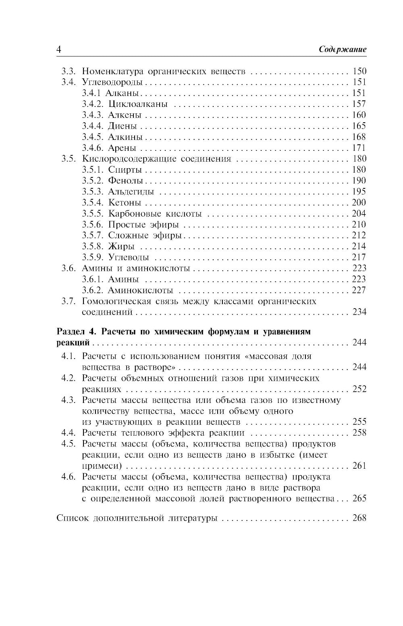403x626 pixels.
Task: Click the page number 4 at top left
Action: (59, 50)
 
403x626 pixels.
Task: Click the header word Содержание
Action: (343, 50)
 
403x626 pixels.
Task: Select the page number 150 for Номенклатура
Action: (359, 71)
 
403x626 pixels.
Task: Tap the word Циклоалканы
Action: (138, 104)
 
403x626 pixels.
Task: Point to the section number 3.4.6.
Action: (93, 148)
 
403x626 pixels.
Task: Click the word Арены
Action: (122, 148)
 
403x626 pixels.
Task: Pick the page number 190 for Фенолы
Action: (359, 181)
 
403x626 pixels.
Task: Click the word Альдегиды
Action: (131, 192)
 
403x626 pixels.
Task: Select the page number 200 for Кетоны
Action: (359, 202)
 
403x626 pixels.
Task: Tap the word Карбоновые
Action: (132, 214)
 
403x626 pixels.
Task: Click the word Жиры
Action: (121, 246)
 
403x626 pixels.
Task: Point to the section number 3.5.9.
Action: (93, 257)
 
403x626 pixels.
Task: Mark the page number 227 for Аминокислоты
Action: (359, 290)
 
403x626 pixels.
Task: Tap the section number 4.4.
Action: (69, 433)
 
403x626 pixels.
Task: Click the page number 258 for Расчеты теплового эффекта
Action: (359, 433)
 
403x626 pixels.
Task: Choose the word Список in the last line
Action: (73, 518)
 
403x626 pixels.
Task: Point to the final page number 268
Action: (359, 518)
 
